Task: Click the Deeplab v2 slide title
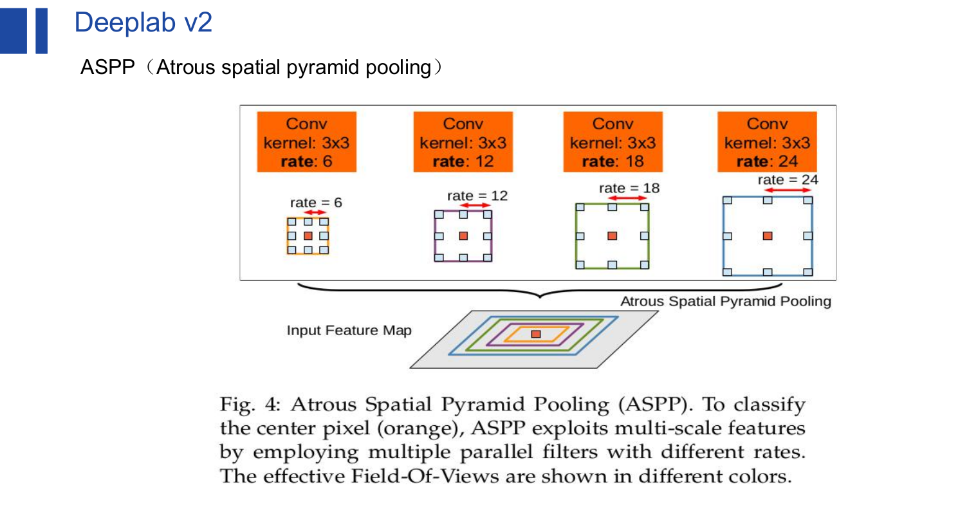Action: click(x=143, y=23)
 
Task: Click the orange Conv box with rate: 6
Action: click(x=306, y=142)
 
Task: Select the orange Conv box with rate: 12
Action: click(x=463, y=142)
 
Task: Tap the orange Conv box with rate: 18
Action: click(x=613, y=142)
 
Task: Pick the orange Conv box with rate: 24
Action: click(x=767, y=142)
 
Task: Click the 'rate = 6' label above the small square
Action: click(x=316, y=203)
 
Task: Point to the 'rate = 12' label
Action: click(x=477, y=196)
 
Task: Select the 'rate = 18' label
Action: click(x=629, y=188)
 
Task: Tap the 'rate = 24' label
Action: click(x=788, y=180)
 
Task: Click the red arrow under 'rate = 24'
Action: click(x=788, y=190)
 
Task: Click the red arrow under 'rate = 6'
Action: click(x=315, y=212)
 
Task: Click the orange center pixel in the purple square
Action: click(x=463, y=236)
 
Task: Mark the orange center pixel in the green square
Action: click(x=612, y=236)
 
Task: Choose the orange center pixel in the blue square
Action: click(x=768, y=236)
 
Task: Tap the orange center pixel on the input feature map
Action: click(x=536, y=335)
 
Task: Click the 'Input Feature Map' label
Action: click(x=349, y=331)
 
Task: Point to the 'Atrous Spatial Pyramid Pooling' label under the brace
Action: click(x=726, y=301)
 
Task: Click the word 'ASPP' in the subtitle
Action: click(x=107, y=67)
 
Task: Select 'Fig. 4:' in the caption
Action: click(x=250, y=405)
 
